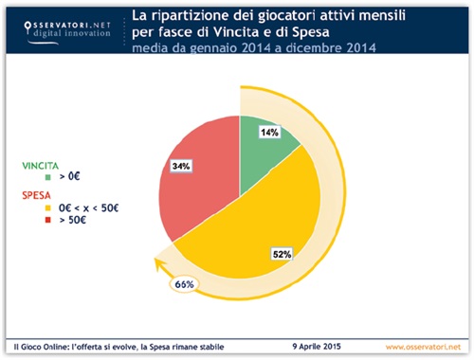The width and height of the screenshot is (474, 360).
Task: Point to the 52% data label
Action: pos(281,253)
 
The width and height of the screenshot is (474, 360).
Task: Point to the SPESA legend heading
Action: pos(37,194)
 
